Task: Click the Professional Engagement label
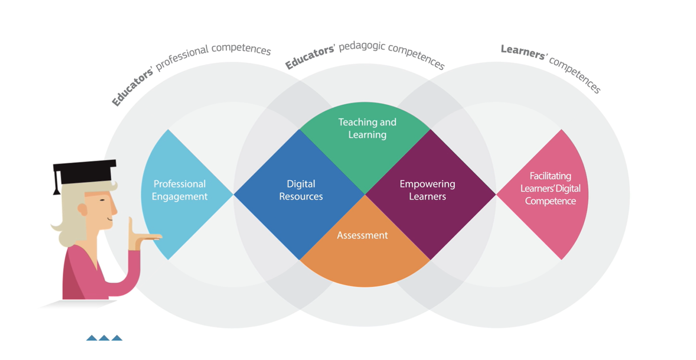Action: pyautogui.click(x=180, y=190)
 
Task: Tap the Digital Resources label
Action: pyautogui.click(x=301, y=190)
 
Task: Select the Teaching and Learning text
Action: pyautogui.click(x=367, y=129)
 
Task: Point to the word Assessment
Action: pyautogui.click(x=362, y=235)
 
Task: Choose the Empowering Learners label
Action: pyautogui.click(x=428, y=190)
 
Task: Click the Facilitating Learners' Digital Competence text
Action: pyautogui.click(x=550, y=189)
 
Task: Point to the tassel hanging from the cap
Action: pyautogui.click(x=57, y=184)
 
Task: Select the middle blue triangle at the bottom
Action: pyautogui.click(x=104, y=338)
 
